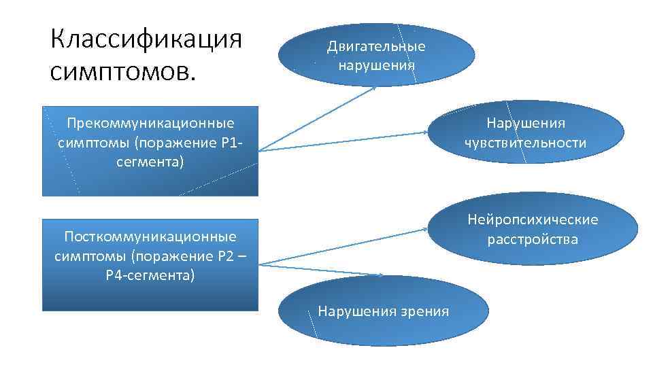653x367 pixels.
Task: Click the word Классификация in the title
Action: pos(146,38)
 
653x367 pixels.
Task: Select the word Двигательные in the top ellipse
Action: pos(376,46)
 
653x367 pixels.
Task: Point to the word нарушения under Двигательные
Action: pos(376,65)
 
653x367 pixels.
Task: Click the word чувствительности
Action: pos(525,143)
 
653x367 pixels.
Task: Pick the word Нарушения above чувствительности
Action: pos(525,123)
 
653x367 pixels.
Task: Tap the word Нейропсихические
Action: pos(532,220)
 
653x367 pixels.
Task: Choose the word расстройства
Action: pos(532,239)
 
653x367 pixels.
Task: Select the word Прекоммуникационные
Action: pos(150,123)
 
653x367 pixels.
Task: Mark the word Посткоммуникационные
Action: pos(150,237)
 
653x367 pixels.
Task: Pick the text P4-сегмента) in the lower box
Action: pos(150,276)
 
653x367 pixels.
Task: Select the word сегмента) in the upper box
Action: pos(150,163)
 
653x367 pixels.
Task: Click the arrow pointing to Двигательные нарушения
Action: pos(320,116)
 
